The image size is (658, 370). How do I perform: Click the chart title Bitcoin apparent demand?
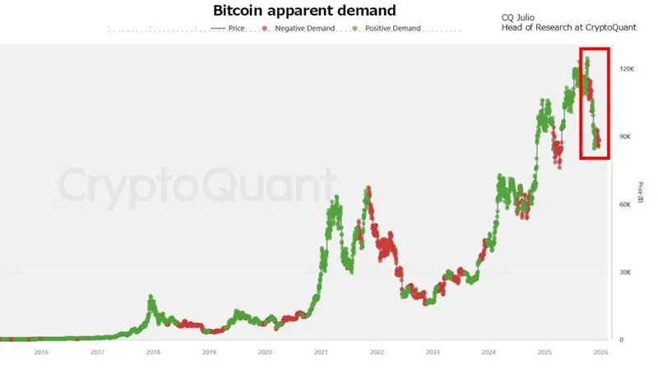[x=304, y=12]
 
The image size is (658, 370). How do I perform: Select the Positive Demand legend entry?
[x=392, y=29]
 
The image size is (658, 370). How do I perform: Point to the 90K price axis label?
[x=625, y=136]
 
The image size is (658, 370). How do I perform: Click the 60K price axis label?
[x=625, y=205]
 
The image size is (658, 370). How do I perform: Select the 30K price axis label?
[x=625, y=272]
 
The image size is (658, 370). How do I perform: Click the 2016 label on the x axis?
[x=41, y=353]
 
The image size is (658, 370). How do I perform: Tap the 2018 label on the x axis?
[x=153, y=353]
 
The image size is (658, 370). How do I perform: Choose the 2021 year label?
[x=321, y=353]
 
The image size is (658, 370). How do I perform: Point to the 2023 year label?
[x=433, y=353]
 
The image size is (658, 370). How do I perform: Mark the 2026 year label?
[x=600, y=353]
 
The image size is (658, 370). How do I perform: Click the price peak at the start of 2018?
[x=151, y=297]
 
